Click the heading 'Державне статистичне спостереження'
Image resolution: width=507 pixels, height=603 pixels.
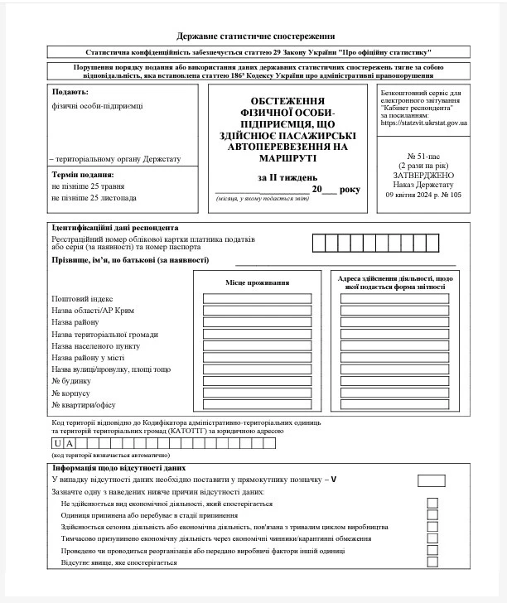[x=256, y=36]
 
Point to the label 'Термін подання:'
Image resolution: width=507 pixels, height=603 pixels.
[x=83, y=175]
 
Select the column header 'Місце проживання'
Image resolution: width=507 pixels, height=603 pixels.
[x=257, y=283]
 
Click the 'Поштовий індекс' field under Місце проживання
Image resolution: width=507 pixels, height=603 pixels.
[x=257, y=298]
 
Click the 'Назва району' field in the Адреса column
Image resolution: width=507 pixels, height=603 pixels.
[x=394, y=322]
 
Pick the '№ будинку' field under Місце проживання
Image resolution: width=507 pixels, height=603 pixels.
[x=257, y=381]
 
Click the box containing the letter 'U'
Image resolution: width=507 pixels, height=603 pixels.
[x=58, y=444]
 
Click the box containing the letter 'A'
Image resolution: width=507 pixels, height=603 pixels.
[x=70, y=444]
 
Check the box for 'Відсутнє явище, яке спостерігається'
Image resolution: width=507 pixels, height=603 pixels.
[x=432, y=562]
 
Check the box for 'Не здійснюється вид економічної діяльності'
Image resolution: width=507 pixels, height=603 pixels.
[x=432, y=503]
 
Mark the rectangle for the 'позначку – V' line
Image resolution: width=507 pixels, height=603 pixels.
[x=432, y=480]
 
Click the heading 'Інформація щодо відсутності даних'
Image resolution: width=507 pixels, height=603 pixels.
[x=118, y=468]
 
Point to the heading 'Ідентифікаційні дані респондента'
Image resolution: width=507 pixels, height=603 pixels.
[x=115, y=227]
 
